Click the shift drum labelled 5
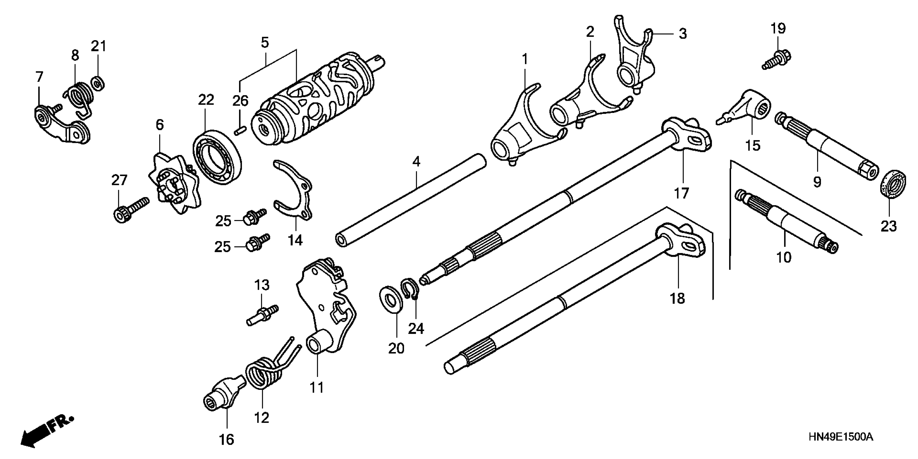click(x=314, y=102)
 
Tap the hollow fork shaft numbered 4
click(x=410, y=200)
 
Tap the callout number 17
click(x=681, y=193)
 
